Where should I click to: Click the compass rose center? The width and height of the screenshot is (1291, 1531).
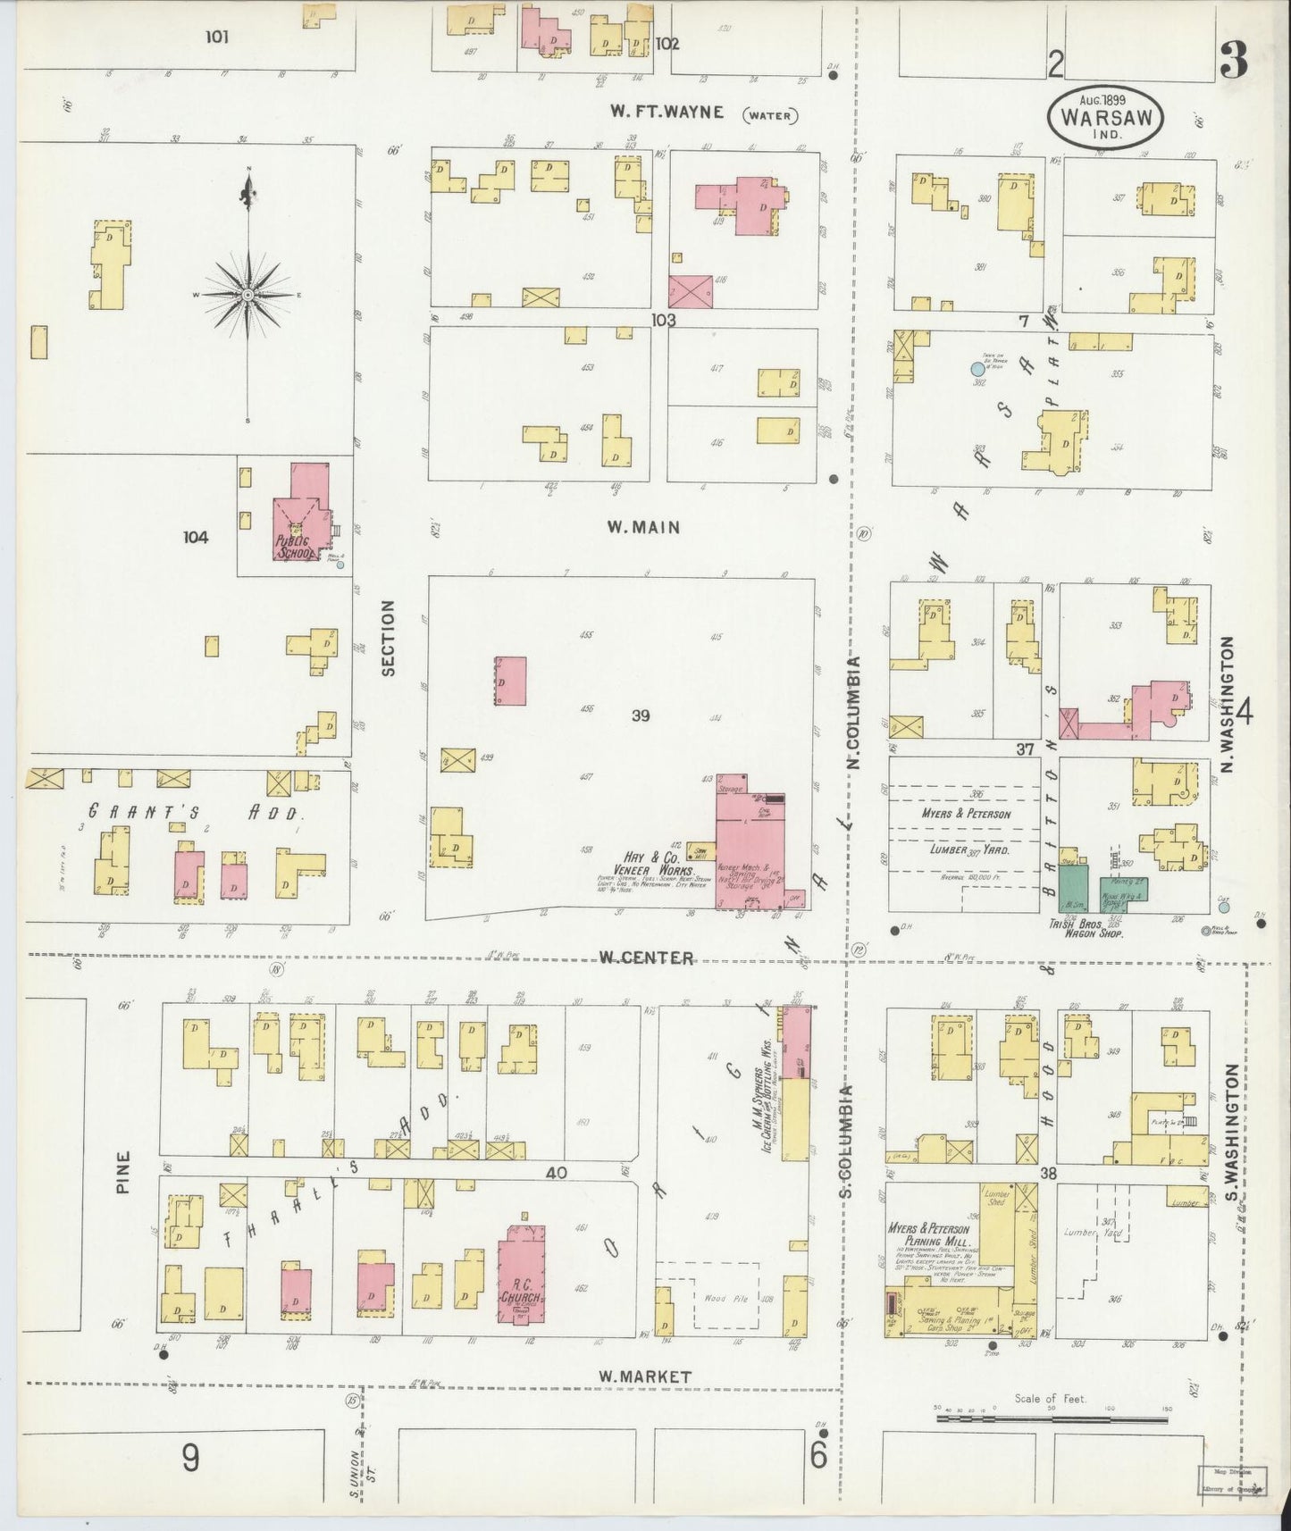(x=247, y=294)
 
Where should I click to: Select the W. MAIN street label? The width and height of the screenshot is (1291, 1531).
(x=643, y=527)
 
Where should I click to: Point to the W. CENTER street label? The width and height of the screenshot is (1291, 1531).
(x=646, y=958)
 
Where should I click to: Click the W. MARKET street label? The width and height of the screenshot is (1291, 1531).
(x=645, y=1376)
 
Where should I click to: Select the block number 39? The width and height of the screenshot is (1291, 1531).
(x=640, y=715)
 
